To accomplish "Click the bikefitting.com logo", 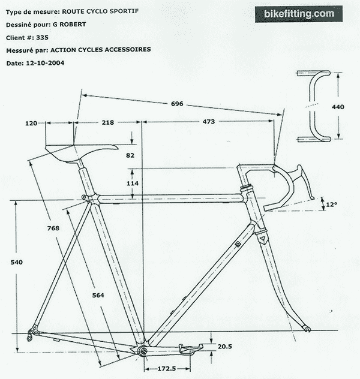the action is click(x=299, y=14).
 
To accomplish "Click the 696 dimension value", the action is click(x=177, y=104).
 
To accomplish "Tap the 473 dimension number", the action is click(x=209, y=122).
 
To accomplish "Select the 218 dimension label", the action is click(x=108, y=122).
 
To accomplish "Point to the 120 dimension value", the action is click(x=31, y=124).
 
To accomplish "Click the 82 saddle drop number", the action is click(x=130, y=155).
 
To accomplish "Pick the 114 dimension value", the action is click(x=133, y=184).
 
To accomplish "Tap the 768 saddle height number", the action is click(x=53, y=228).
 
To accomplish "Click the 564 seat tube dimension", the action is click(x=98, y=295).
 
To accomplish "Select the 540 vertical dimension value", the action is click(x=16, y=262).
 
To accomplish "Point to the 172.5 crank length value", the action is click(x=167, y=369).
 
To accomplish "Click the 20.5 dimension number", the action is click(x=225, y=347).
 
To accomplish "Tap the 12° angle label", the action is click(x=331, y=204).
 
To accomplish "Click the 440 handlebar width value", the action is click(x=338, y=107).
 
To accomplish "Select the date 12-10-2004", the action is click(x=45, y=63).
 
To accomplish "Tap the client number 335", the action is click(x=43, y=37).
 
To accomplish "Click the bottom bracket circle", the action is click(x=143, y=351).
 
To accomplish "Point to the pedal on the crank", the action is click(x=191, y=348).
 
